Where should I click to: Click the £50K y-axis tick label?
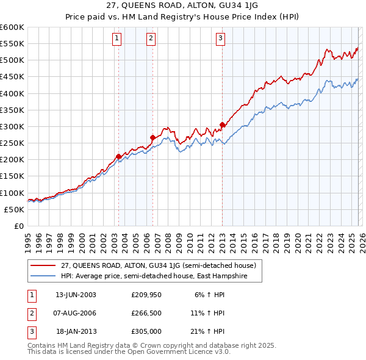14,209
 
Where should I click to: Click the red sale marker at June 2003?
118,156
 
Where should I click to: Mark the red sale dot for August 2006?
152,137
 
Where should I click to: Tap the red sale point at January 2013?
222,124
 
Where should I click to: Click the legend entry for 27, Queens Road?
162,265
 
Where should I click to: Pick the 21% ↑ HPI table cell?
207,333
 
